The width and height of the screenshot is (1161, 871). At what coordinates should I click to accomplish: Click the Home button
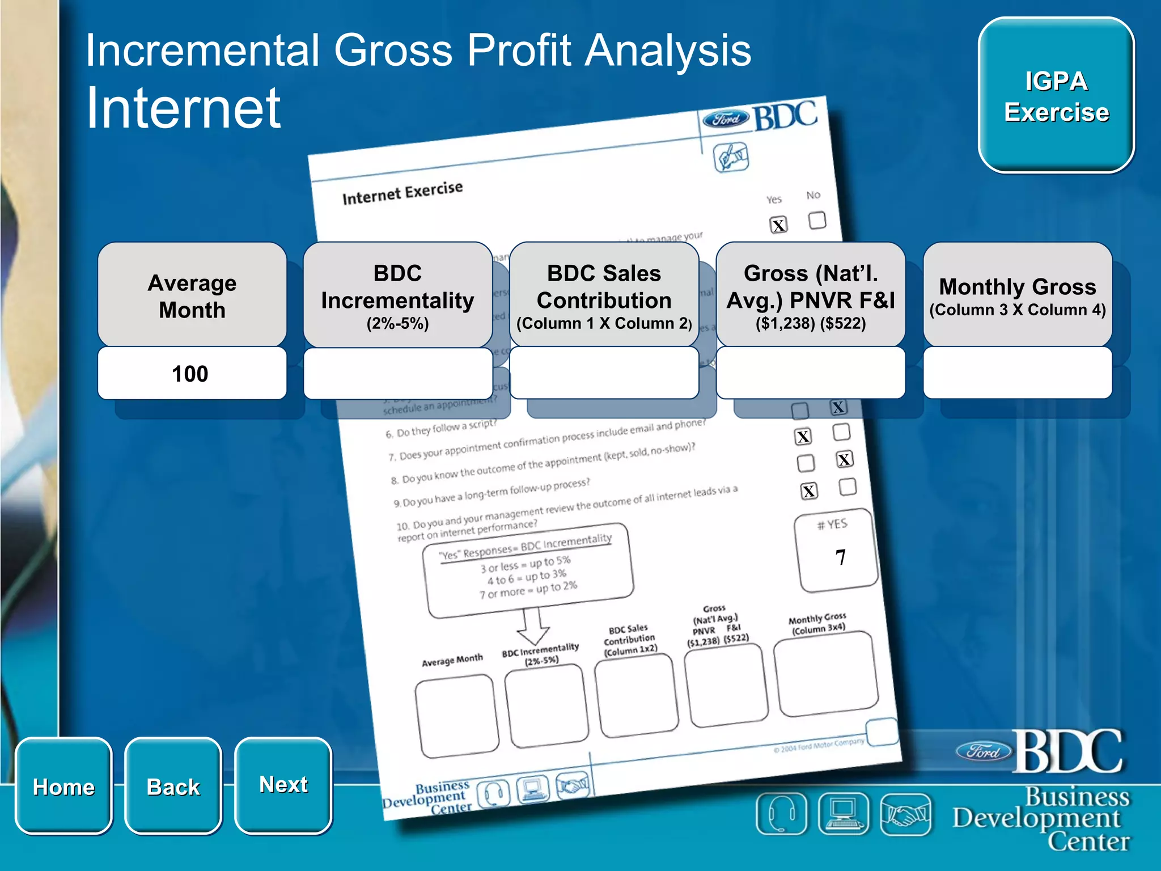[63, 786]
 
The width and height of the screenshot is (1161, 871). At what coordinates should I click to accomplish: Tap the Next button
[283, 785]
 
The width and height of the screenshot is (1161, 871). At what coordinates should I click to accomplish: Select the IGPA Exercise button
[1056, 96]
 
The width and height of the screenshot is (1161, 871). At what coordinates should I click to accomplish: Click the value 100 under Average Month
[191, 374]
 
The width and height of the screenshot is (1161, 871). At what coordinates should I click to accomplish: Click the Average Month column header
[192, 295]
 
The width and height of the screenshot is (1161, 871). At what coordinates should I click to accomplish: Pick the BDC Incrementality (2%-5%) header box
[397, 295]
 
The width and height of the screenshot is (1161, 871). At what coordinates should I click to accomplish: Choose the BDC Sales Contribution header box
[604, 295]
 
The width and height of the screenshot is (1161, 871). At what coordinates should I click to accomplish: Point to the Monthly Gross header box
[1017, 295]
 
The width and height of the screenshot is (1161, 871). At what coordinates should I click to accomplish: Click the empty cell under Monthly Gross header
[1017, 374]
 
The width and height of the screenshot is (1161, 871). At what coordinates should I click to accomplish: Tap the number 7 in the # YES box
[840, 557]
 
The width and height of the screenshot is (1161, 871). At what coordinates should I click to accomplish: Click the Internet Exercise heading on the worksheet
[402, 193]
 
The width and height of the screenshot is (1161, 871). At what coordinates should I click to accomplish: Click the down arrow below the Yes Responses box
[532, 627]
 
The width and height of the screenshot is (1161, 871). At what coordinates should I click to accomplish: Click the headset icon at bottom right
[781, 814]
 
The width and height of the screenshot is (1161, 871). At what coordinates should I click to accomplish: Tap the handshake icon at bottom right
[905, 814]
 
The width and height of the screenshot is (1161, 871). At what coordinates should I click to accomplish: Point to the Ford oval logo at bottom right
[984, 752]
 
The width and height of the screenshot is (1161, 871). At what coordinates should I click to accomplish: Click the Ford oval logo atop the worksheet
[726, 119]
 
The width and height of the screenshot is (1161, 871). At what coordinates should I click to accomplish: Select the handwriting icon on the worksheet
[731, 157]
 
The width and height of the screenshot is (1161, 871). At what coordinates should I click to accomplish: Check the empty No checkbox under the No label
[817, 220]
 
